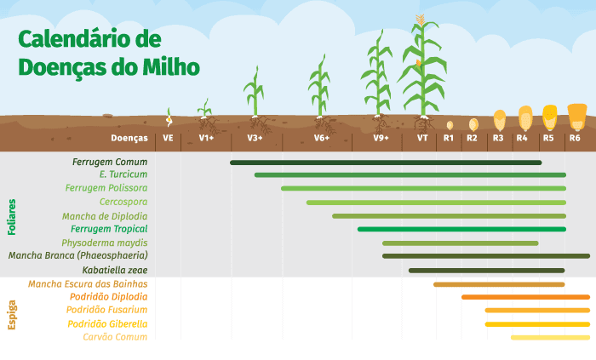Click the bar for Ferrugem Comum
click(386, 162)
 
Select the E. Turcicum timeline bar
click(410, 175)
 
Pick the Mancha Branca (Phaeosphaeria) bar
click(485, 255)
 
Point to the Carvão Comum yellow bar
click(549, 337)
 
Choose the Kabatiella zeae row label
click(115, 270)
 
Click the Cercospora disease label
click(123, 203)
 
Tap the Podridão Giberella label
click(107, 324)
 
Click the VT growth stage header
click(422, 138)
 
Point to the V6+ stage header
click(321, 138)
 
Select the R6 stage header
click(576, 138)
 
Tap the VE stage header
click(168, 138)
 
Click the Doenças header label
click(129, 138)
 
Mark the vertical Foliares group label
click(12, 216)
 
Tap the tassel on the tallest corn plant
click(420, 19)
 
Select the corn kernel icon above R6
click(576, 114)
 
